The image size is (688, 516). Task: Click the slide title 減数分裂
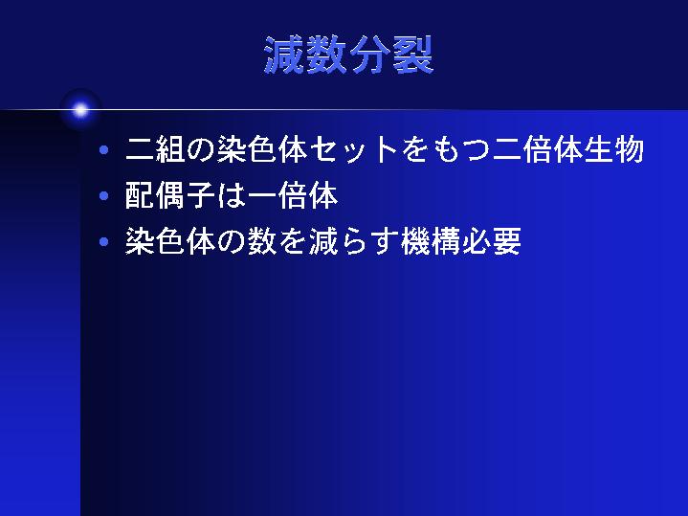pyautogui.click(x=349, y=55)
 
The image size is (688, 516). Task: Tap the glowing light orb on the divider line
pyautogui.click(x=80, y=110)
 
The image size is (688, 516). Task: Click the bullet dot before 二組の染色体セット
pyautogui.click(x=104, y=150)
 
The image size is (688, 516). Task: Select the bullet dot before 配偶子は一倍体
pyautogui.click(x=104, y=196)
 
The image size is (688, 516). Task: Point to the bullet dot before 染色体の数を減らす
pyautogui.click(x=104, y=241)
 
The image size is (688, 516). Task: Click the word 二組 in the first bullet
pyautogui.click(x=155, y=149)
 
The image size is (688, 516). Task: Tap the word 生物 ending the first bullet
pyautogui.click(x=614, y=149)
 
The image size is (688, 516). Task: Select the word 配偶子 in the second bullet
pyautogui.click(x=170, y=195)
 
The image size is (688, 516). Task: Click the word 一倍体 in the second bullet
pyautogui.click(x=293, y=195)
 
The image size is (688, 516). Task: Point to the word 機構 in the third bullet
pyautogui.click(x=431, y=241)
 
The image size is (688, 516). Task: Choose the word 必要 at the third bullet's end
pyautogui.click(x=492, y=241)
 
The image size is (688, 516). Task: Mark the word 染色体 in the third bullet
pyautogui.click(x=170, y=241)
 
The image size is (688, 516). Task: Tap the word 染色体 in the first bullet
pyautogui.click(x=262, y=149)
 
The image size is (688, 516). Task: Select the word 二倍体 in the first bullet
pyautogui.click(x=538, y=149)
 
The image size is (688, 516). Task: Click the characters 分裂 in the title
pyautogui.click(x=391, y=55)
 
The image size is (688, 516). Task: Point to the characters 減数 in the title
pyautogui.click(x=306, y=55)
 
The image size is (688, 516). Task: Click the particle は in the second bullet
pyautogui.click(x=232, y=195)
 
